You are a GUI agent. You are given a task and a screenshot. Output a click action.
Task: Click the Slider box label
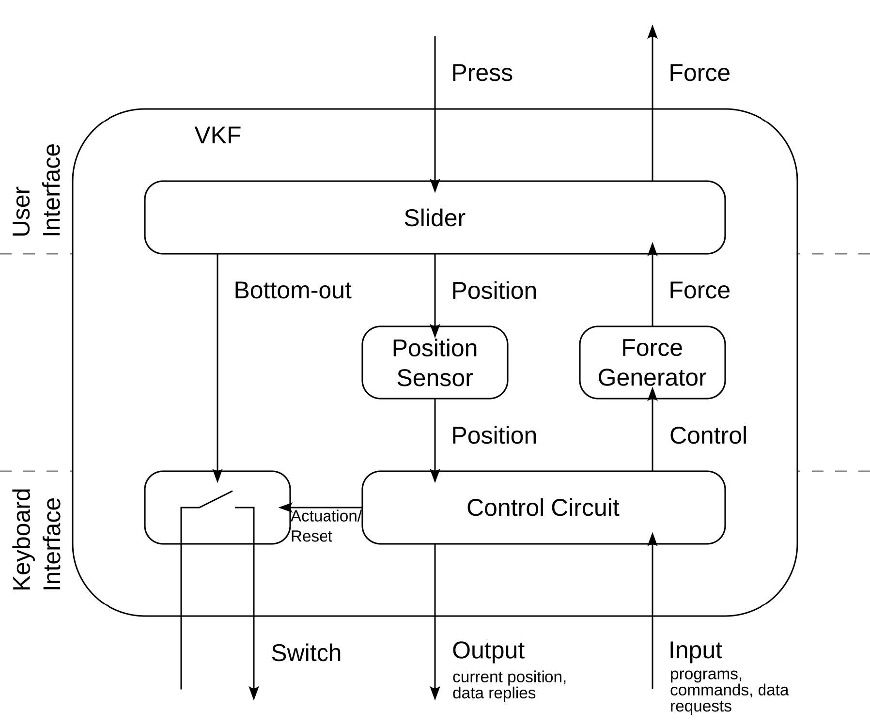click(435, 218)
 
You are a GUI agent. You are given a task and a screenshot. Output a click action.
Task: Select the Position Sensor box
click(435, 362)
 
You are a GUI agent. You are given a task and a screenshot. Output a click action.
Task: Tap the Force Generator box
click(652, 362)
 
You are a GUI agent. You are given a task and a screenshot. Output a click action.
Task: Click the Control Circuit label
click(543, 508)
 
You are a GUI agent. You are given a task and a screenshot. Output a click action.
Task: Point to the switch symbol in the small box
click(217, 501)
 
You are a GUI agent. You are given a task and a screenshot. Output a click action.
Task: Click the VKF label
click(217, 135)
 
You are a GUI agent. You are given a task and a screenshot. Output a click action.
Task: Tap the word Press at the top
click(482, 73)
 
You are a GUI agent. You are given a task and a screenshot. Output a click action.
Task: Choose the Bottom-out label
click(292, 291)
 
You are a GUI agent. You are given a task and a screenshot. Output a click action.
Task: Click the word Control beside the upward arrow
click(708, 435)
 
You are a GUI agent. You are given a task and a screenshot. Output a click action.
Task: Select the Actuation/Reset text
click(325, 526)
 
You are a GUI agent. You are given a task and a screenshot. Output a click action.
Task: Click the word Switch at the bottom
click(306, 653)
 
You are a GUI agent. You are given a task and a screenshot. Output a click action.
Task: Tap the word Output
click(488, 650)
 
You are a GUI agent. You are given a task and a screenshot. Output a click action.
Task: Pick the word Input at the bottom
click(695, 650)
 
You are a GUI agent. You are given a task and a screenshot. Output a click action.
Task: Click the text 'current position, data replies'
click(509, 685)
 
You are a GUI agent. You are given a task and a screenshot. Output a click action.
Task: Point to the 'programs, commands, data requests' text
click(728, 690)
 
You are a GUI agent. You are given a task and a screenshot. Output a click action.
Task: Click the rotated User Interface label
click(37, 190)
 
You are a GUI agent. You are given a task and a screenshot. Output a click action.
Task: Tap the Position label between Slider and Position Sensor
click(494, 291)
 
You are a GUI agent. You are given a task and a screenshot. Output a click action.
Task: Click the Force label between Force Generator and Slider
click(699, 291)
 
